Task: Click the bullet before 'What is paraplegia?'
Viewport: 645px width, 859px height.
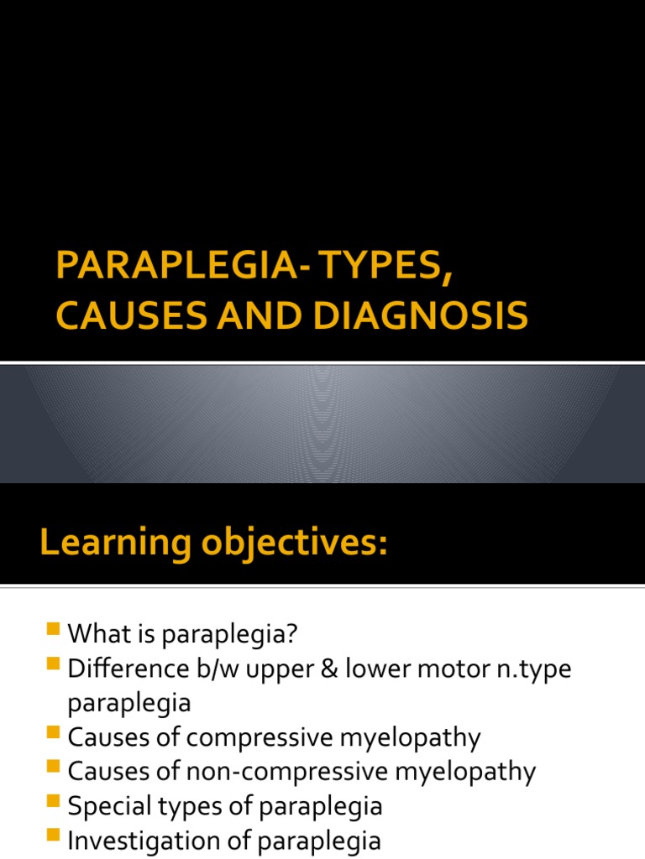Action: pos(55,629)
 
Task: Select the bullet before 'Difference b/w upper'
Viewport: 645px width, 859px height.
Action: pos(55,665)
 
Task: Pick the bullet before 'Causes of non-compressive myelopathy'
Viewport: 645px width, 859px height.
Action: pos(55,767)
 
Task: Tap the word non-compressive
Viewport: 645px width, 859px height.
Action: pos(348,772)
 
